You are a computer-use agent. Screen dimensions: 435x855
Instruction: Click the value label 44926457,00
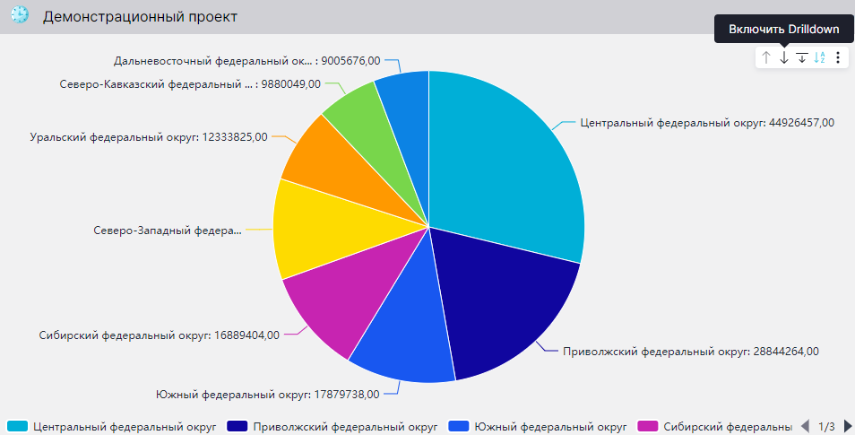pos(707,123)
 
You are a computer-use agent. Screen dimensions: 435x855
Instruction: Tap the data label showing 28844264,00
pos(690,352)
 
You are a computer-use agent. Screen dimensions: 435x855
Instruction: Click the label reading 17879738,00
pos(267,393)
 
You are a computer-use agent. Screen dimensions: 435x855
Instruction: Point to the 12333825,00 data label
pos(148,137)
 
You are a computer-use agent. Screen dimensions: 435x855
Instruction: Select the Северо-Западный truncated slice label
pos(168,231)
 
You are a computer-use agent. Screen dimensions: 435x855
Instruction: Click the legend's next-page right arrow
pos(848,426)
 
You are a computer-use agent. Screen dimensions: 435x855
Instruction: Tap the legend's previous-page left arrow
pos(805,426)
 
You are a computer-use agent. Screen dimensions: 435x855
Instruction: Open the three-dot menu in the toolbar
pos(838,57)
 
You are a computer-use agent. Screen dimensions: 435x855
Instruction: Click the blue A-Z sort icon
pos(820,57)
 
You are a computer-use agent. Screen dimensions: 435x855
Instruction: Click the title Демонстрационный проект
pos(140,17)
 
